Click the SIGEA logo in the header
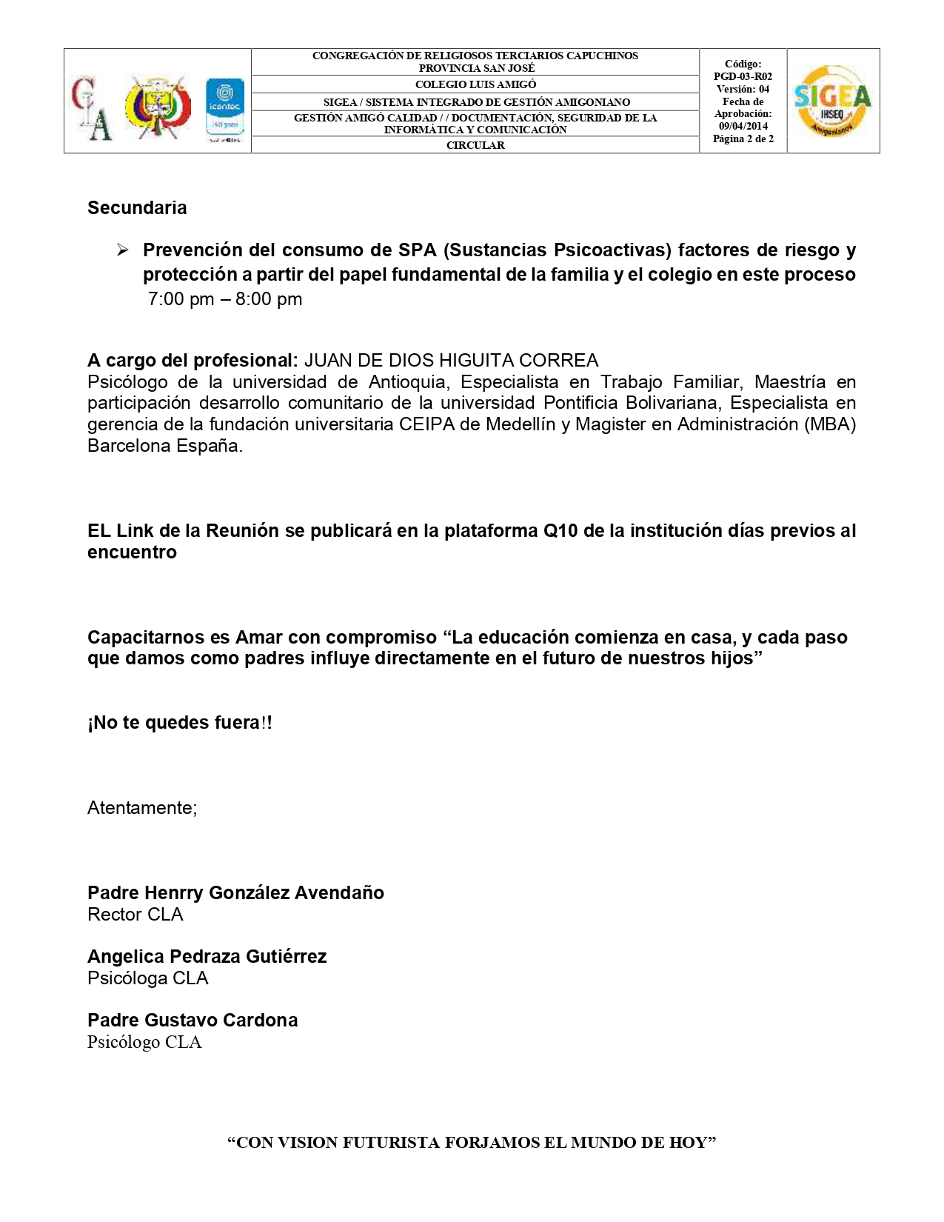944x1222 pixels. (x=832, y=101)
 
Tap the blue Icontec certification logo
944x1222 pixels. (x=224, y=107)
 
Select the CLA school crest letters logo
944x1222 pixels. (x=92, y=108)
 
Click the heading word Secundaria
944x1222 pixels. (x=137, y=208)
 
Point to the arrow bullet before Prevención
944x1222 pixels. (x=123, y=251)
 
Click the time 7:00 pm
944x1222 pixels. (x=181, y=299)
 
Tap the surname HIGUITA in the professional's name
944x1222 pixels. (x=476, y=361)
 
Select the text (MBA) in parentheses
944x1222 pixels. (x=829, y=424)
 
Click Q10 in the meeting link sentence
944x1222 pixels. (x=560, y=531)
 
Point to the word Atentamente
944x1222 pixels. (x=141, y=808)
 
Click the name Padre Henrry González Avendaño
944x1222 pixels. (x=235, y=893)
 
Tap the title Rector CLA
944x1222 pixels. (x=135, y=915)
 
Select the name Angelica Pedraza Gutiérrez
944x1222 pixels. (x=207, y=957)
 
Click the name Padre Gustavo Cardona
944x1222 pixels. (x=193, y=1021)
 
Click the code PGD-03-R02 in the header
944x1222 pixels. (x=743, y=76)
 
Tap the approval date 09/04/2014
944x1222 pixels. (x=743, y=126)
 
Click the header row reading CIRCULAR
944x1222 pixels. (x=475, y=145)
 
